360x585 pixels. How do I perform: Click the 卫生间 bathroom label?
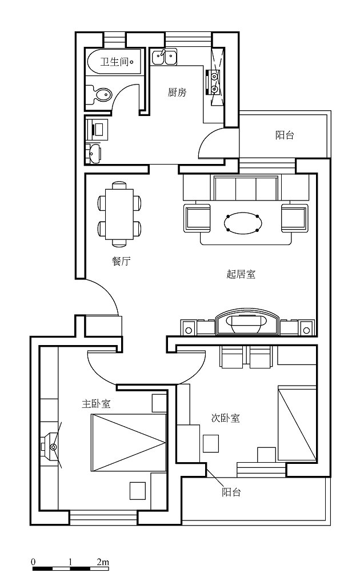click(x=114, y=62)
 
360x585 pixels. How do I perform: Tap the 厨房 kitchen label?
click(x=177, y=92)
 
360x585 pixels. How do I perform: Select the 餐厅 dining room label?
click(x=121, y=261)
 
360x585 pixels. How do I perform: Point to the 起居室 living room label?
click(x=241, y=274)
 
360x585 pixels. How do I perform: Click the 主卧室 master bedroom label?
click(x=96, y=404)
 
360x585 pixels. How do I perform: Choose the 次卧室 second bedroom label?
click(x=225, y=418)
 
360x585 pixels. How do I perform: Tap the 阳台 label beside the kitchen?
click(x=285, y=135)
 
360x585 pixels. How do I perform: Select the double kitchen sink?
click(x=164, y=58)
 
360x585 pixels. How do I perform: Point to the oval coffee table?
click(x=243, y=223)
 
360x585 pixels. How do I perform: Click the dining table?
click(x=119, y=214)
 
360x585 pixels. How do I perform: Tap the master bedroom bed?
click(x=129, y=442)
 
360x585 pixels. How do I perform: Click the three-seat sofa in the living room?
click(x=246, y=189)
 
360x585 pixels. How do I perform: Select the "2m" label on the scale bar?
click(x=103, y=562)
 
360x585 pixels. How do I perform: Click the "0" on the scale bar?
click(x=33, y=562)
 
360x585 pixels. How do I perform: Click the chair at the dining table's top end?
click(x=119, y=185)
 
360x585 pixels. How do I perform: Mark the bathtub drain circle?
click(x=131, y=62)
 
